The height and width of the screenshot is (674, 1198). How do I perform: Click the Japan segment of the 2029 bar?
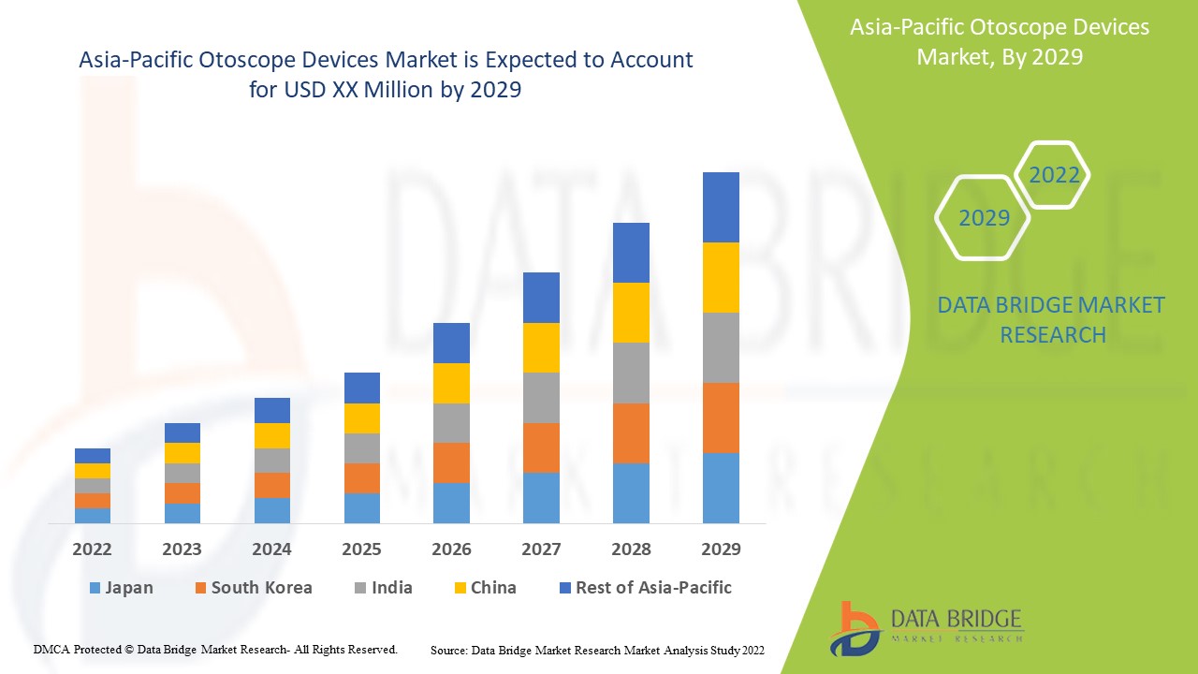coord(721,488)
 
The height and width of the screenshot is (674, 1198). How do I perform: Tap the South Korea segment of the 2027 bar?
coord(541,447)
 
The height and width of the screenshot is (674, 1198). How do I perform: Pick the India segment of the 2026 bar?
coord(451,423)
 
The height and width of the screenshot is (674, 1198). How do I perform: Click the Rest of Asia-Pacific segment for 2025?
coord(362,388)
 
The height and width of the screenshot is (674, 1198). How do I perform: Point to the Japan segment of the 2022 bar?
coord(93,515)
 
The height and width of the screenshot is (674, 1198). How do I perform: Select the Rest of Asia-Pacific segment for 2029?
coord(721,207)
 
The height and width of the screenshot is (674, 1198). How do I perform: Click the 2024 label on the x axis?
coord(271,549)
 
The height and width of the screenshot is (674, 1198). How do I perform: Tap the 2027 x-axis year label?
coord(541,549)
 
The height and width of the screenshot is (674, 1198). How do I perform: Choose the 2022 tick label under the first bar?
coord(93,549)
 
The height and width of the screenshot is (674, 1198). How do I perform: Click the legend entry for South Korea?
coord(261,588)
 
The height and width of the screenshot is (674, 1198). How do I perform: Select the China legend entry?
coord(493,588)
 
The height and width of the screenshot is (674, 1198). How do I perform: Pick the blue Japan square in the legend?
coord(94,589)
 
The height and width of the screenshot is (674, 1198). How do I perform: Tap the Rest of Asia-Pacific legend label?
coord(653,588)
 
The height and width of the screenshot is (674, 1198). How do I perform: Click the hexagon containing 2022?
coord(1053,175)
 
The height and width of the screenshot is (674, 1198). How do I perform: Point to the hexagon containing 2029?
coord(983,218)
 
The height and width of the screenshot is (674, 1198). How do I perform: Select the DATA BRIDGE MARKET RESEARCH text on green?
coord(1052,319)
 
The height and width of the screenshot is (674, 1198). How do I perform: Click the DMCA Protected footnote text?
coord(215,649)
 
